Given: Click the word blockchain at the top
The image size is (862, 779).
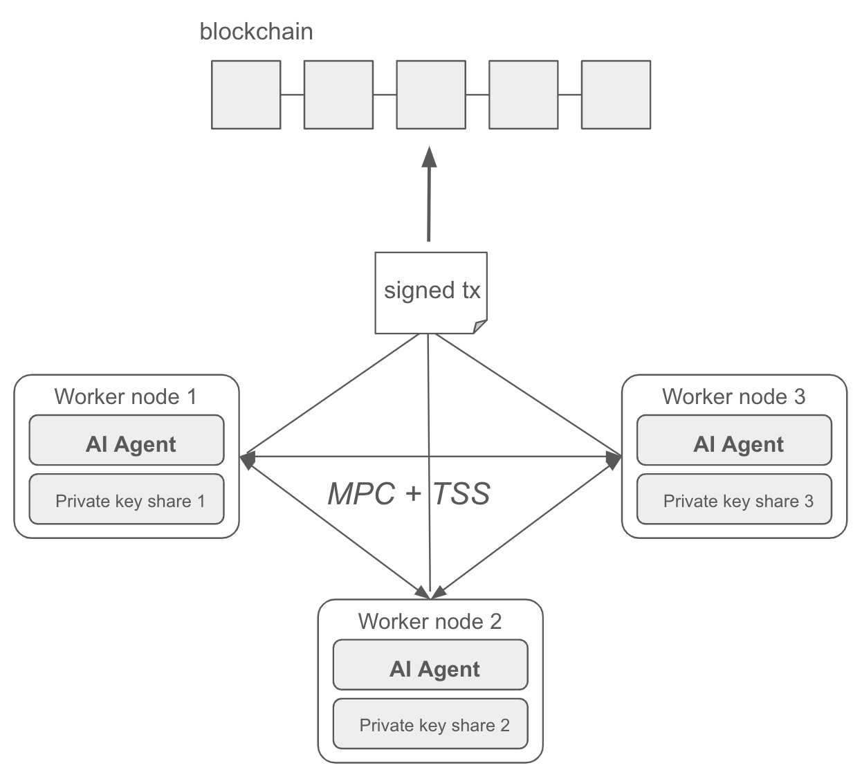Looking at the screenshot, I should (256, 32).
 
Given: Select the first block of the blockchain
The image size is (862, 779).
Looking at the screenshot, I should (246, 95).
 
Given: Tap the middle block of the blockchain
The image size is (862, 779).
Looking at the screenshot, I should (430, 95).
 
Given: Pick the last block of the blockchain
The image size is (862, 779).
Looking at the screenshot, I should (615, 95).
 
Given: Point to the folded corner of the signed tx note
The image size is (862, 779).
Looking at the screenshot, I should (479, 327).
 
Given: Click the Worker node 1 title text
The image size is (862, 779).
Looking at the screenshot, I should (125, 396).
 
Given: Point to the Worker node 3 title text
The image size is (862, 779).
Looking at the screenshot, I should (733, 396).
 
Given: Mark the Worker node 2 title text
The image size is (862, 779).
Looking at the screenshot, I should (430, 621).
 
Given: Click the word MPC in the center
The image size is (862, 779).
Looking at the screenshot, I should (360, 494).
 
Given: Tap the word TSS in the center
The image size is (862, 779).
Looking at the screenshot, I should (461, 494).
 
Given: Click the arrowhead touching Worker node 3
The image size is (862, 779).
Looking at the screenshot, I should (614, 459).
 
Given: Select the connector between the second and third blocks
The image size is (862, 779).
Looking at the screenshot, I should (385, 95).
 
